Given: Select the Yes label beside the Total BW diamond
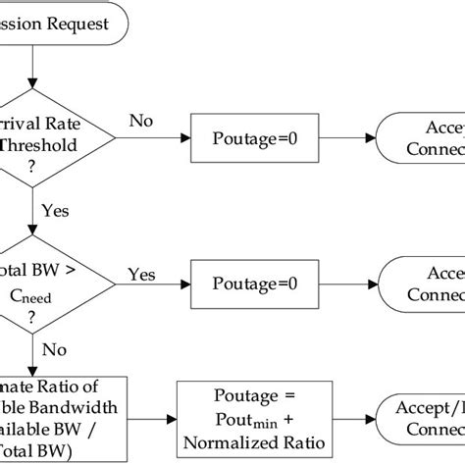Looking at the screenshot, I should pyautogui.click(x=142, y=275).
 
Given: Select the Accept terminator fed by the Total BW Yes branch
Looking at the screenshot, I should pyautogui.click(x=422, y=282).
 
